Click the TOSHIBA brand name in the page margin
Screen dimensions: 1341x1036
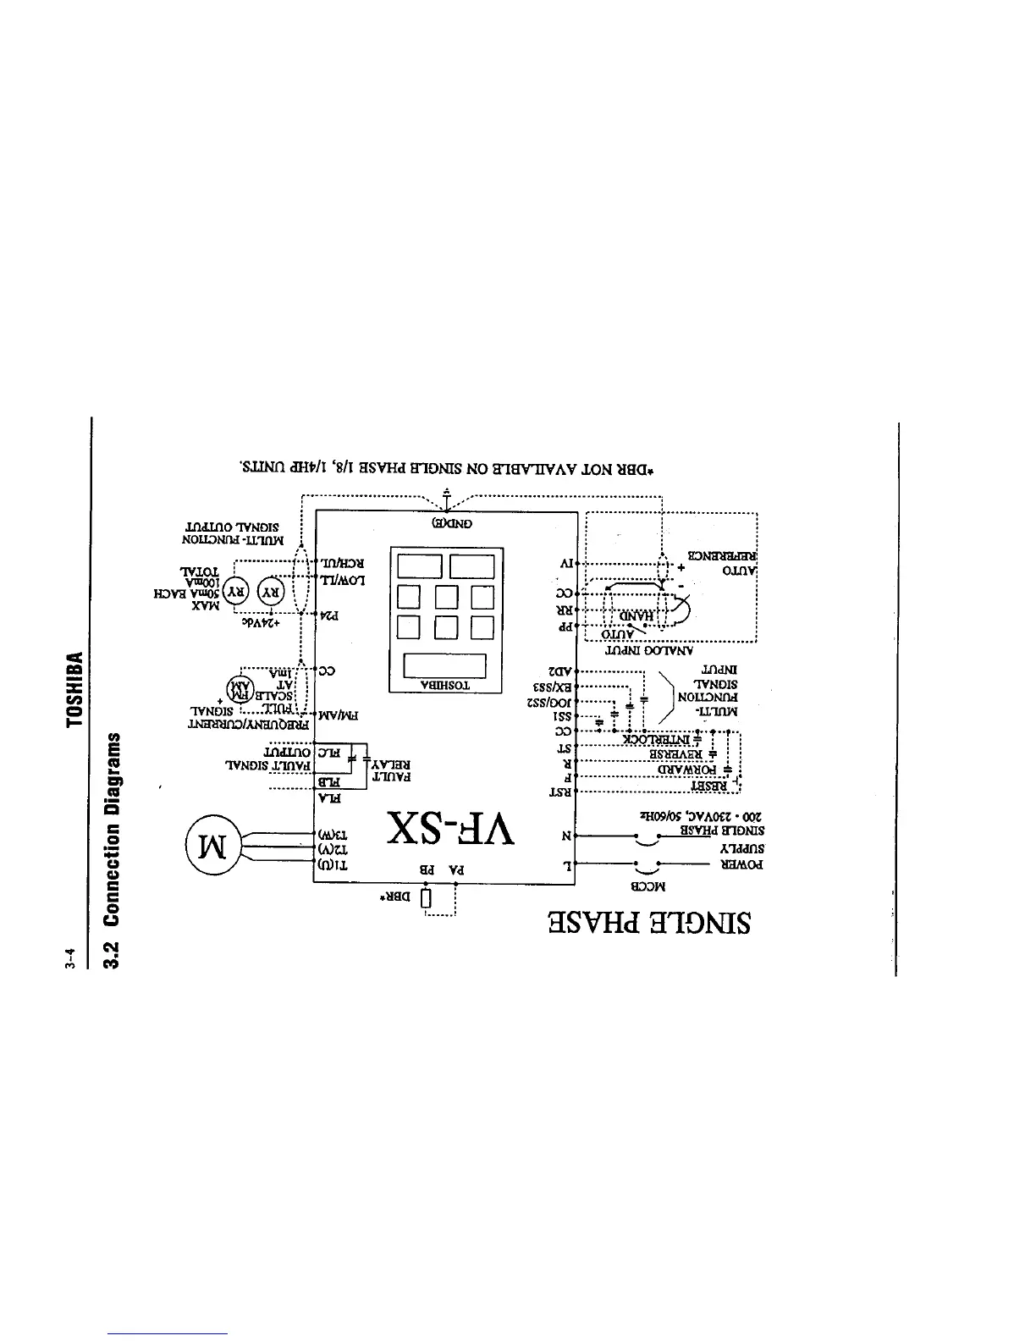[76, 688]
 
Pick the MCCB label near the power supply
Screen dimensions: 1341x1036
[649, 887]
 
